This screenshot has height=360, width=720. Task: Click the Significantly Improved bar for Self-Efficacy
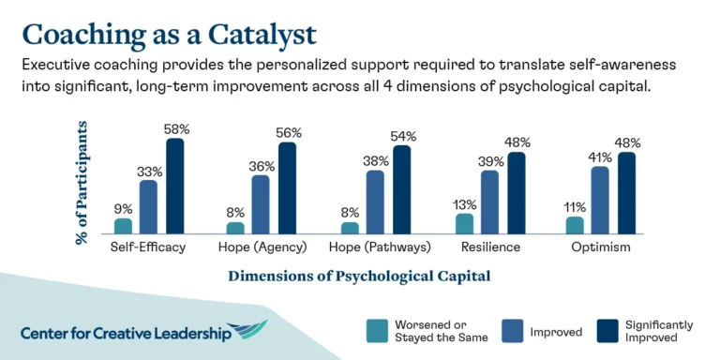point(175,186)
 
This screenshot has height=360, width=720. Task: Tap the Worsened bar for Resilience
point(463,224)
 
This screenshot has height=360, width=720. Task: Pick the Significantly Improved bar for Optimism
point(627,193)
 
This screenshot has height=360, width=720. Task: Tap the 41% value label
point(601,156)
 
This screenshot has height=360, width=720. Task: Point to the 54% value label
point(402,136)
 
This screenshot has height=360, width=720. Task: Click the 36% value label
point(261,165)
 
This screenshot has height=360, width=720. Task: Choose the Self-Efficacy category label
point(148,247)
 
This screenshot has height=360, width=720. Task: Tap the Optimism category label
point(601,247)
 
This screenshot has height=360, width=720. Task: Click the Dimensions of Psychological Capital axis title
point(359,277)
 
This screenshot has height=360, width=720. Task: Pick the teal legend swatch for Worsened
point(376,331)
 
